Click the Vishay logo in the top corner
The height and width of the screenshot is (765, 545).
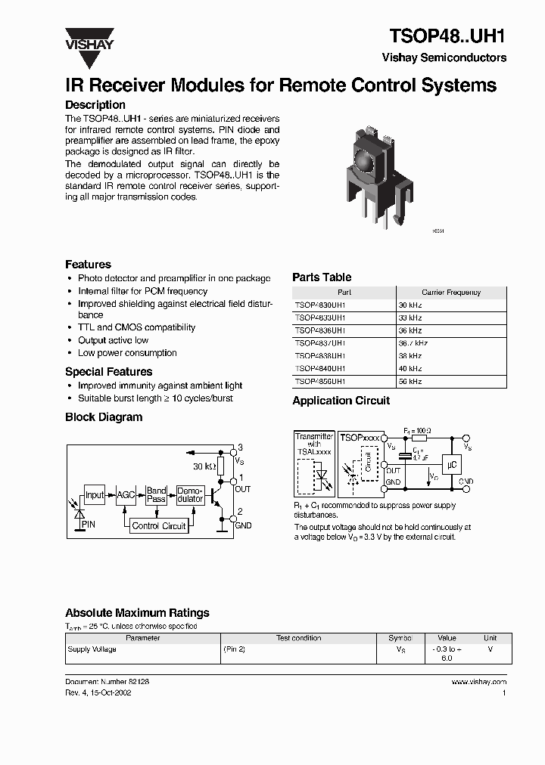click(89, 38)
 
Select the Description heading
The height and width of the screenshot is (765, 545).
click(95, 105)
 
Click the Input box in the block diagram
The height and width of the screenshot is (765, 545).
click(95, 495)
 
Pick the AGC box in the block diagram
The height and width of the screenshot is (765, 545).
click(125, 495)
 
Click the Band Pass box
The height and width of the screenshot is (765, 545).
click(156, 495)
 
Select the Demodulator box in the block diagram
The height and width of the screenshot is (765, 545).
click(190, 495)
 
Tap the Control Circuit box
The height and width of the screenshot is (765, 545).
click(159, 525)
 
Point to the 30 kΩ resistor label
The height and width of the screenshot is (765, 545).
click(204, 466)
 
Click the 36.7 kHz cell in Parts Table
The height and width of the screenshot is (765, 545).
click(413, 342)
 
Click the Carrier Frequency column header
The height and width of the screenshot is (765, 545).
click(451, 292)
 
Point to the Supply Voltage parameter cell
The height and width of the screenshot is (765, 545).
click(92, 649)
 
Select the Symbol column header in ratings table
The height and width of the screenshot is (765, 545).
click(400, 638)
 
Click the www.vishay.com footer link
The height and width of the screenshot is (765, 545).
click(478, 682)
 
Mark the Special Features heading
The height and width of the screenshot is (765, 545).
click(108, 372)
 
